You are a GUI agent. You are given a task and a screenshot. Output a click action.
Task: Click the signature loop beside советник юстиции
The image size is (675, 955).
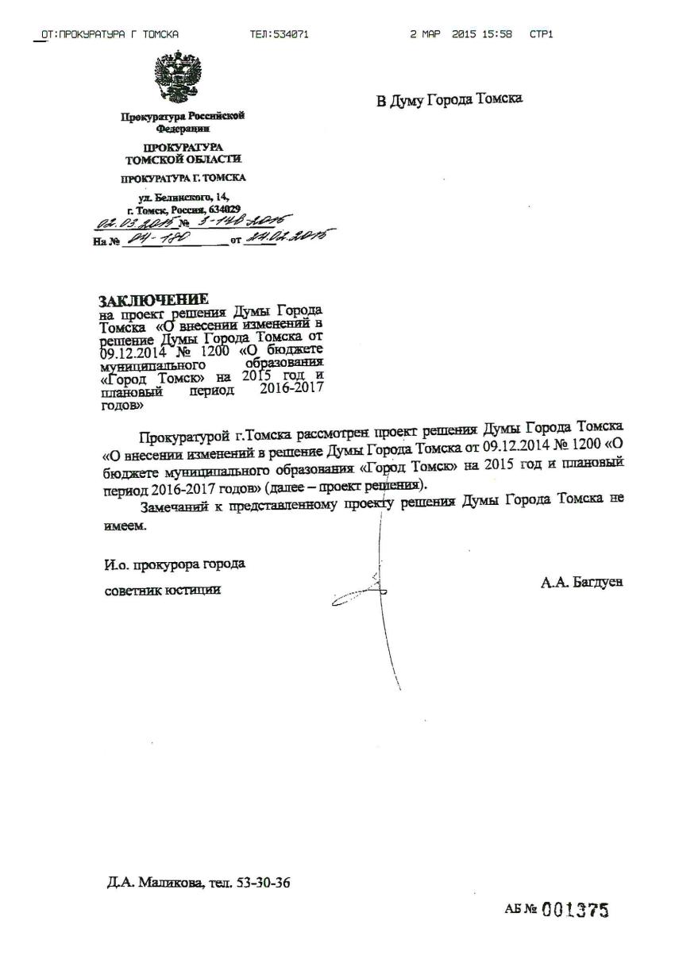coord(359,591)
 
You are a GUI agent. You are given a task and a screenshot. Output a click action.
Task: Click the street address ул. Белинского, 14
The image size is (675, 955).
coord(183,196)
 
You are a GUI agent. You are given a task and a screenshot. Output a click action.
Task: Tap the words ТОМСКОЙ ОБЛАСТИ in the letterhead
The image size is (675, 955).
coord(183,160)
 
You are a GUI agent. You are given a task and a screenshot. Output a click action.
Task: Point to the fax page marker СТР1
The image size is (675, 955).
coord(542,34)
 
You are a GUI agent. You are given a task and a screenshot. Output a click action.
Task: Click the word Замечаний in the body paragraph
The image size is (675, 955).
coord(171,506)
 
